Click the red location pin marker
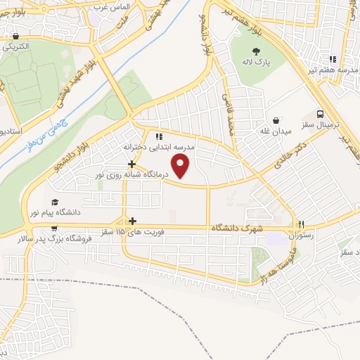[182, 167]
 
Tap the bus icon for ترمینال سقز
[321, 113]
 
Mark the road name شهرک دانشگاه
[236, 230]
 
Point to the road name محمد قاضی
[228, 112]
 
